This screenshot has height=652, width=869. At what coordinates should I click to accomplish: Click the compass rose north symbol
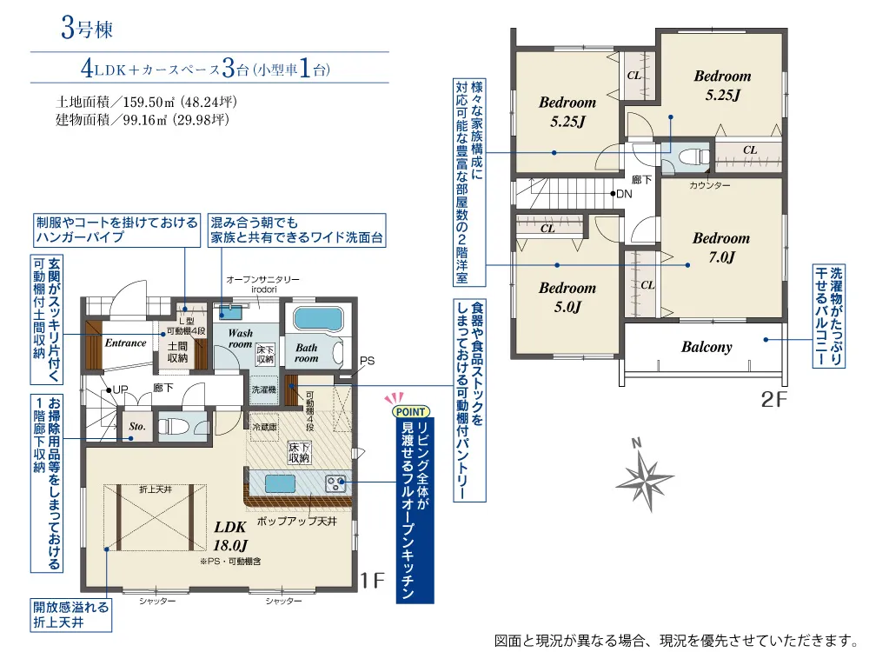click(645, 476)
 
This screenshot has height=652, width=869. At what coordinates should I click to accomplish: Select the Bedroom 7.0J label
click(721, 247)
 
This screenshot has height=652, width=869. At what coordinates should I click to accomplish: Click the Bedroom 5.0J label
click(567, 297)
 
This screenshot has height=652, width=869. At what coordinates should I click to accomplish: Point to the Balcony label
click(706, 347)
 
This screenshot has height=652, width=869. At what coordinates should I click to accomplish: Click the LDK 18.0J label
click(230, 536)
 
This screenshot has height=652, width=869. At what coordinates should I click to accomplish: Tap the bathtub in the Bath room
click(319, 319)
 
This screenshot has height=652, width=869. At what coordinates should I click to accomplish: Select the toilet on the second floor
click(689, 156)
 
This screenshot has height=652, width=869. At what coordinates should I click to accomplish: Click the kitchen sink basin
click(280, 484)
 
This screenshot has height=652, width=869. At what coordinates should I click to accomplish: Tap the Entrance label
click(126, 343)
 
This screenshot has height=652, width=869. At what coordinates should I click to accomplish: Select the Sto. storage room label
click(137, 426)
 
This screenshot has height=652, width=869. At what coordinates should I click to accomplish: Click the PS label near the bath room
click(367, 361)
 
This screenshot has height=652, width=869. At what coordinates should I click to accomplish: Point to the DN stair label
click(624, 194)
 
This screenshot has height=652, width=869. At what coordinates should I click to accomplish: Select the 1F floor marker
click(372, 581)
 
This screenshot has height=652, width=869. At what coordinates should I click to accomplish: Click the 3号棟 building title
click(87, 29)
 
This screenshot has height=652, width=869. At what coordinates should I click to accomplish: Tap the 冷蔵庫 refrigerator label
click(264, 427)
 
